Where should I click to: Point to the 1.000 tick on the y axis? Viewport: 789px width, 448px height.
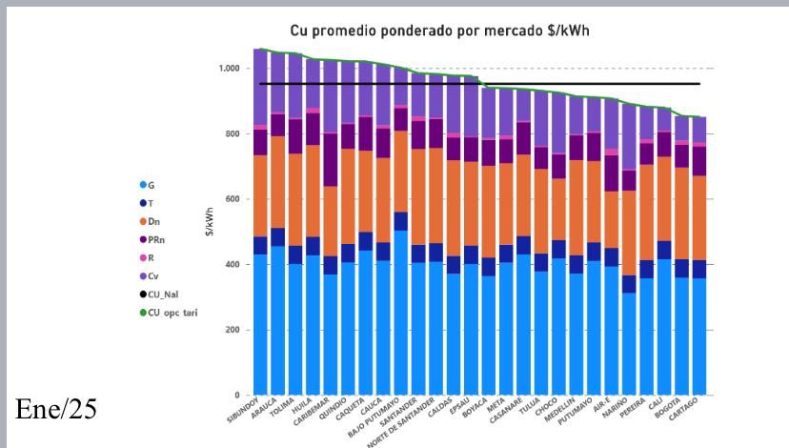coord(230,69)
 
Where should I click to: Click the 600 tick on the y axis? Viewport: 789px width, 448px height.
coord(233,199)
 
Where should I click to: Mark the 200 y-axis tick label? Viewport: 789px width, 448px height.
coord(233,330)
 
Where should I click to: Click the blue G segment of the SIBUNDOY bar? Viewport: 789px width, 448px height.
coord(260,324)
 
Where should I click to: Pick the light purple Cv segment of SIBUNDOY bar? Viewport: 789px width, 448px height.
coord(260,86)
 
